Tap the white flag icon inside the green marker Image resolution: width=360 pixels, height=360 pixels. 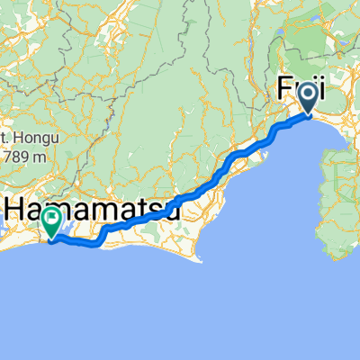(52, 217)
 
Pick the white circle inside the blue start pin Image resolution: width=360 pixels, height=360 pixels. (308, 92)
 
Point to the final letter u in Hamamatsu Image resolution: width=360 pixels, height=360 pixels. (170, 211)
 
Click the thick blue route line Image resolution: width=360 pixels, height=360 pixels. (180, 198)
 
